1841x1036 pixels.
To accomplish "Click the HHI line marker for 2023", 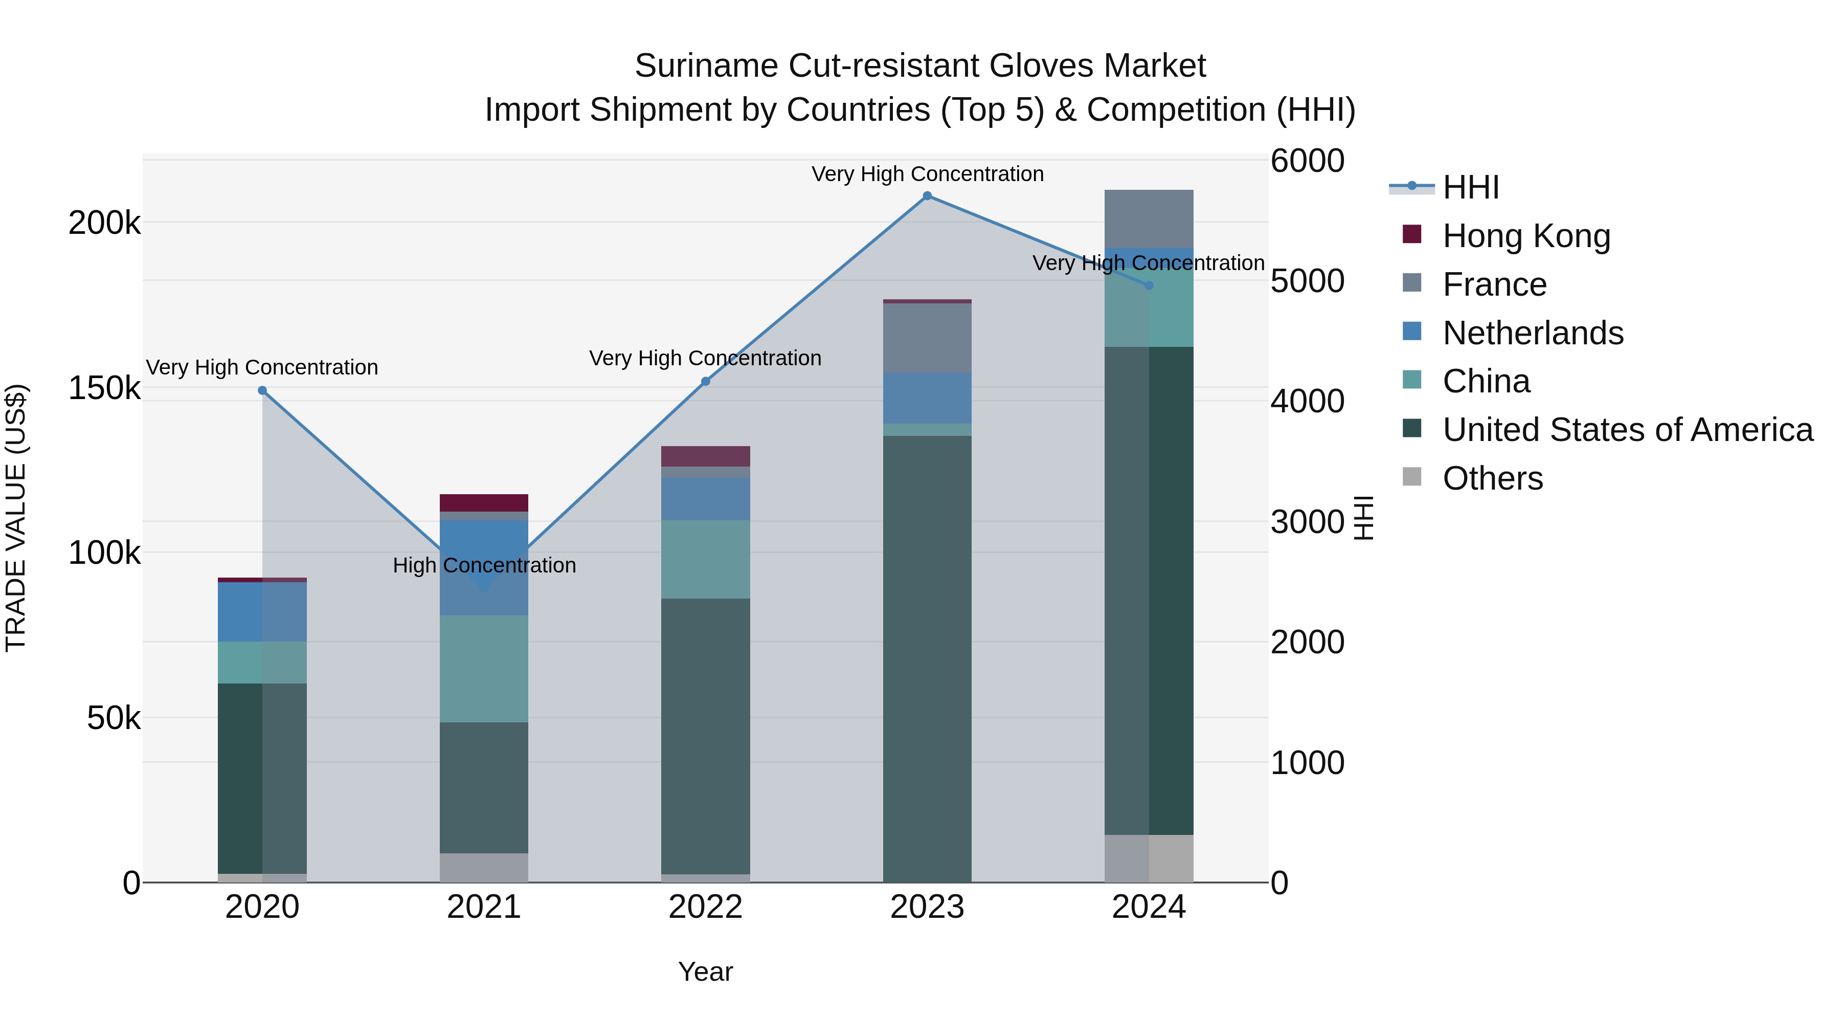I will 927,196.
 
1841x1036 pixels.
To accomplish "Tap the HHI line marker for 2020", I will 262,390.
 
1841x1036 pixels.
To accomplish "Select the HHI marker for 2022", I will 705,381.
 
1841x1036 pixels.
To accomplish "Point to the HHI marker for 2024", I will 1149,285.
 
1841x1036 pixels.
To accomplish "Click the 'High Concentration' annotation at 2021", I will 484,565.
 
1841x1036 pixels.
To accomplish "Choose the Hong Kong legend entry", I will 1526,236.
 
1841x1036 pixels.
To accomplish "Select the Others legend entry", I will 1492,478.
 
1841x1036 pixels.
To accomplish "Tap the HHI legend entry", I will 1470,187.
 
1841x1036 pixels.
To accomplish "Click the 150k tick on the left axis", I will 104,389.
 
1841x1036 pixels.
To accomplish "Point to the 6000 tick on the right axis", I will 1307,161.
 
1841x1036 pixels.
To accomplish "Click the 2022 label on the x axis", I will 705,907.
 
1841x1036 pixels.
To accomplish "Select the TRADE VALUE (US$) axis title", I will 16,518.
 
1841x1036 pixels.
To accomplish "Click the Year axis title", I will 705,972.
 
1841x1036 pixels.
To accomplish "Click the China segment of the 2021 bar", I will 484,669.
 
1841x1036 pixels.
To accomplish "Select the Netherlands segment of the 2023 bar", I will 927,398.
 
